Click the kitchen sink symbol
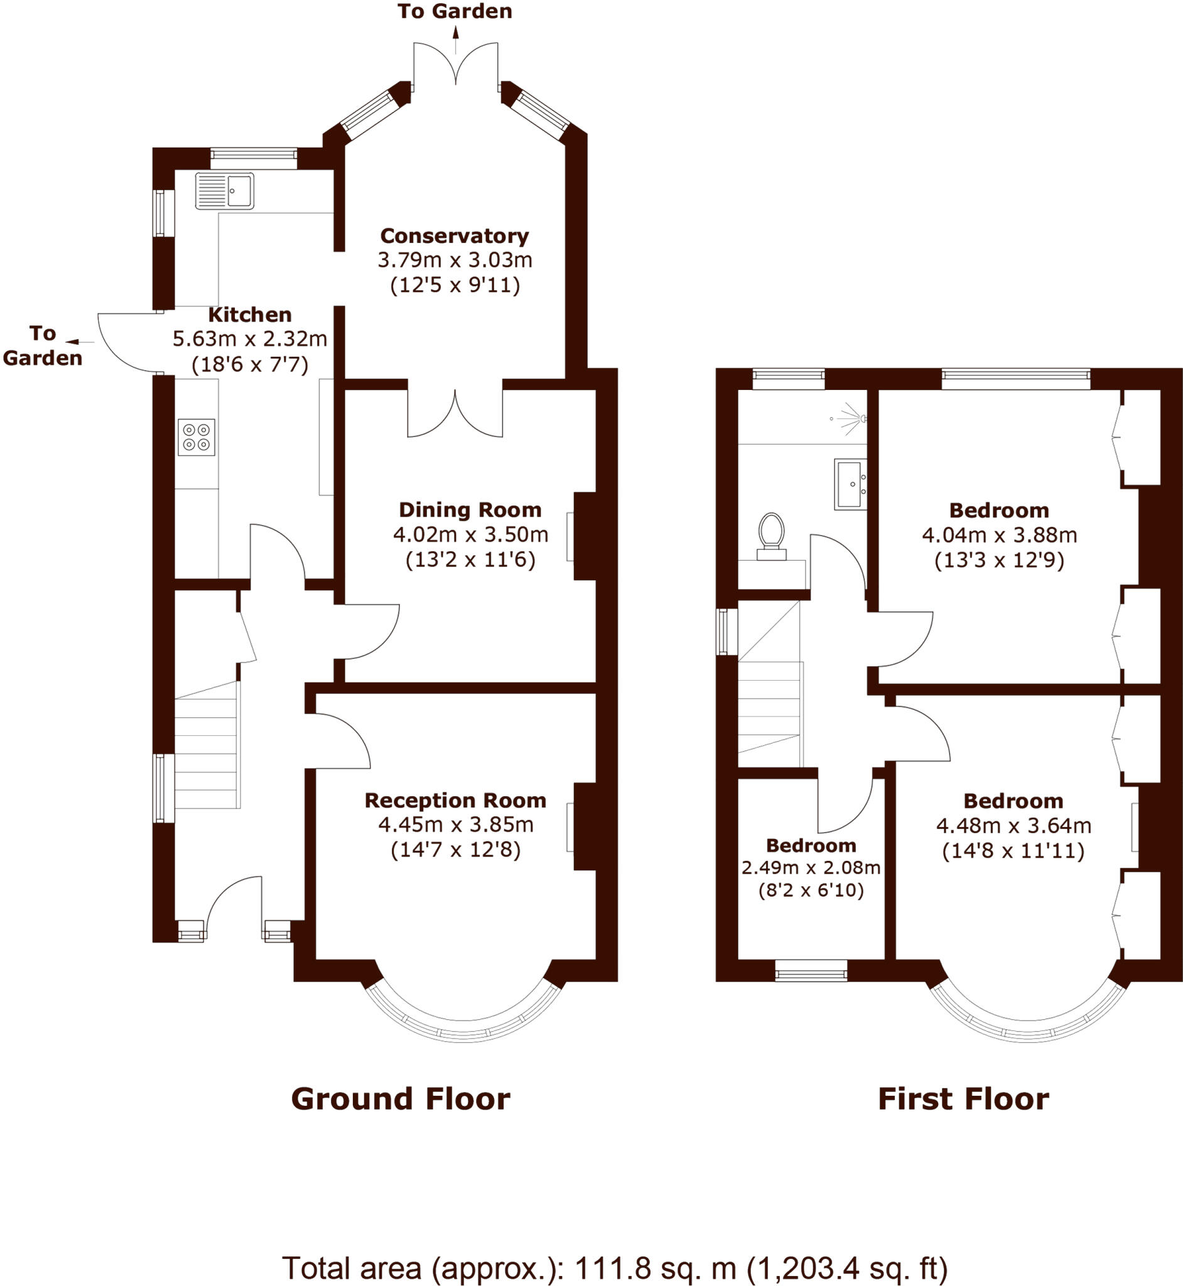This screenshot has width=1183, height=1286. click(225, 190)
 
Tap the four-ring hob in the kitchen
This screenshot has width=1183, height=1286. click(197, 436)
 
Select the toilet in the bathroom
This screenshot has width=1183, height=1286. click(771, 535)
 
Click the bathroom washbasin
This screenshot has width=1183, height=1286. click(850, 484)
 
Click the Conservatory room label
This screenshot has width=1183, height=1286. click(455, 235)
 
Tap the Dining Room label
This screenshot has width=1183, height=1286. click(470, 509)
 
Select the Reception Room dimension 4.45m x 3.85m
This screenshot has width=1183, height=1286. click(456, 824)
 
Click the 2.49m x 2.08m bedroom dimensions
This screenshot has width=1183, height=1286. click(811, 867)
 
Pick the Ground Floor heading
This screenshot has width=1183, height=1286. click(401, 1099)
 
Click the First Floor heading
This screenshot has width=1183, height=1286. click(963, 1099)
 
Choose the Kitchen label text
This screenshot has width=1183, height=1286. click(250, 315)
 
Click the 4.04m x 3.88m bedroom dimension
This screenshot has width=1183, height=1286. click(999, 534)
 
